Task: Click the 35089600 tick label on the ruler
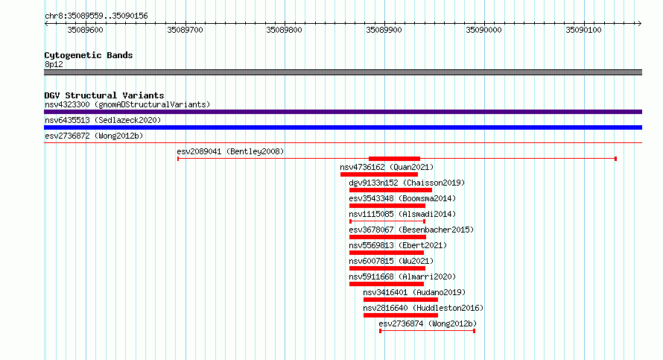(85, 30)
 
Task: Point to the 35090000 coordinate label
(483, 30)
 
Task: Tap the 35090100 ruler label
(583, 30)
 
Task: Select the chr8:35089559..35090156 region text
(96, 16)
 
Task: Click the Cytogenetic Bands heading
(89, 55)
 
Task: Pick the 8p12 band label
(54, 64)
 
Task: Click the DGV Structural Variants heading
(104, 95)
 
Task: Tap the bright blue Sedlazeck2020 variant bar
(343, 127)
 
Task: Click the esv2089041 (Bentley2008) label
(230, 151)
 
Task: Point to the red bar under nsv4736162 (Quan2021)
(379, 174)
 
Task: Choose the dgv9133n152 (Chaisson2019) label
(407, 183)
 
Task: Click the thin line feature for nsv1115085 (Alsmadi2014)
(387, 221)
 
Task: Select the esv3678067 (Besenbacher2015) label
(411, 230)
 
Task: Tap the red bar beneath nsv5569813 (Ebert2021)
(387, 253)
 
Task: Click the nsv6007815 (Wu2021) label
(391, 261)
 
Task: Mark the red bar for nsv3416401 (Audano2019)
(401, 300)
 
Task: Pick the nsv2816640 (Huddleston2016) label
(423, 308)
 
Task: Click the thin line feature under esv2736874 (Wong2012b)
(427, 331)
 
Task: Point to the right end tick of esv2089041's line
(615, 159)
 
